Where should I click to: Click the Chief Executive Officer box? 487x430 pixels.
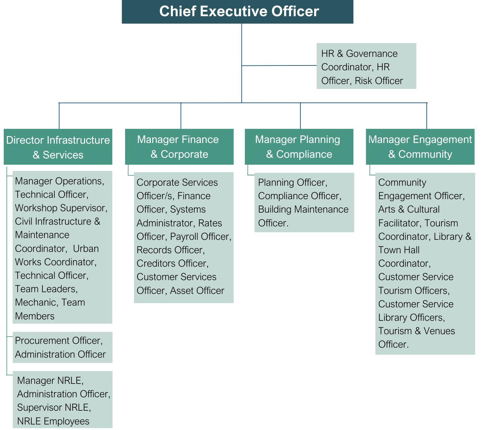(x=238, y=11)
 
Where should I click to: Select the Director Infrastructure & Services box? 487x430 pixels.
(x=58, y=147)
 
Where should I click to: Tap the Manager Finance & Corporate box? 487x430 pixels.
(x=179, y=146)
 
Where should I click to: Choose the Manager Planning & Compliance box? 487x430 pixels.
(x=299, y=146)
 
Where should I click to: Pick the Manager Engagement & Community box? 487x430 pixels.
(x=420, y=146)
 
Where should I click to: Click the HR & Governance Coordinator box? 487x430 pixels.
(x=366, y=66)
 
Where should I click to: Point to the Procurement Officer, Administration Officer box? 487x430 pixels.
(x=62, y=347)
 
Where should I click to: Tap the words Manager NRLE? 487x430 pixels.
(x=50, y=380)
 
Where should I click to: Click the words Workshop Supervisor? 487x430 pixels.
(x=60, y=208)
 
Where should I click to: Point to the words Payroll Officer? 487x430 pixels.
(x=200, y=237)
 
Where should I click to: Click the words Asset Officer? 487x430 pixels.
(x=197, y=291)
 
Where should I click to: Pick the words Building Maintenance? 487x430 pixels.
(x=303, y=209)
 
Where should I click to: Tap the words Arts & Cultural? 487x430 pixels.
(x=409, y=209)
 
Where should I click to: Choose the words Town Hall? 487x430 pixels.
(x=399, y=250)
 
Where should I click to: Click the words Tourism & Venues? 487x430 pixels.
(x=416, y=331)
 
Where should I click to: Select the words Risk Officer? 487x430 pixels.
(x=379, y=81)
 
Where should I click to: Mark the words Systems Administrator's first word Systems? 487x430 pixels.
(x=188, y=209)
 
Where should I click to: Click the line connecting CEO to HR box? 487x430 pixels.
(x=279, y=65)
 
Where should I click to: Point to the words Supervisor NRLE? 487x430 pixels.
(x=54, y=408)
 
